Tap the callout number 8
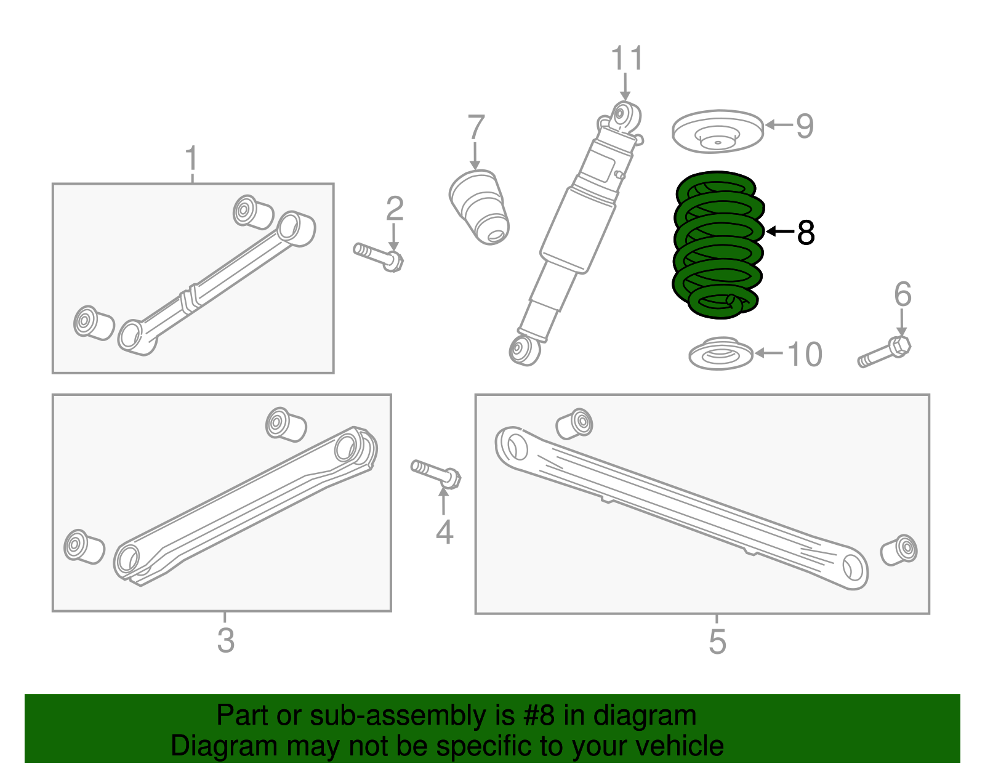[805, 233]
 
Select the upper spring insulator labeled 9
[717, 132]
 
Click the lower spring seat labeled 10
[720, 355]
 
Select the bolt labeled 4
[436, 473]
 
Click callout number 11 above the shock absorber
[627, 59]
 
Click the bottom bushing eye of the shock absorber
[524, 350]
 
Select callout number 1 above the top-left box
[192, 159]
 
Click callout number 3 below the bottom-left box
[225, 640]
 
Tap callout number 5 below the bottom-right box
[717, 641]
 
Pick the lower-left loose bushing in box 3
[84, 546]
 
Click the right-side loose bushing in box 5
[899, 550]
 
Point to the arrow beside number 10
[768, 353]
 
